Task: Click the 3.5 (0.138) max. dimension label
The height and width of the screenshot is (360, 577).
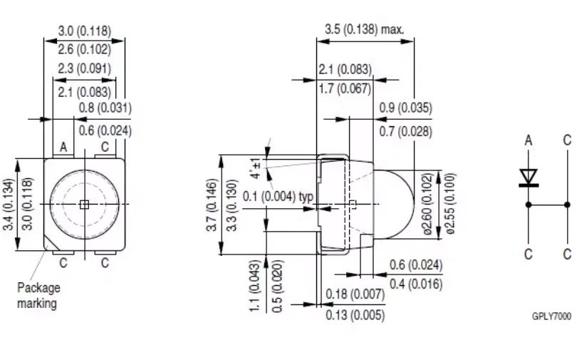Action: click(364, 29)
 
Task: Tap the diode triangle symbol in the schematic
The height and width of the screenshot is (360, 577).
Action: click(529, 177)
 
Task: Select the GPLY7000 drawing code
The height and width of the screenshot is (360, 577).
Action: click(551, 317)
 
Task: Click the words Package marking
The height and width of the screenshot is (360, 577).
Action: click(38, 296)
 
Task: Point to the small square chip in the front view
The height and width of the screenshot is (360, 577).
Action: click(84, 205)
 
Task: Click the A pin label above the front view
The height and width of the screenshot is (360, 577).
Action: click(63, 148)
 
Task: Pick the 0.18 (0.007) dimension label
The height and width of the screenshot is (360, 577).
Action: click(355, 294)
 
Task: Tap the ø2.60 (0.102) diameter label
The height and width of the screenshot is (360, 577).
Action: click(427, 204)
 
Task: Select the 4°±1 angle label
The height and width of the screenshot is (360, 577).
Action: click(256, 168)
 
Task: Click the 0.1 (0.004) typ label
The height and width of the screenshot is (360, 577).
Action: click(279, 197)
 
